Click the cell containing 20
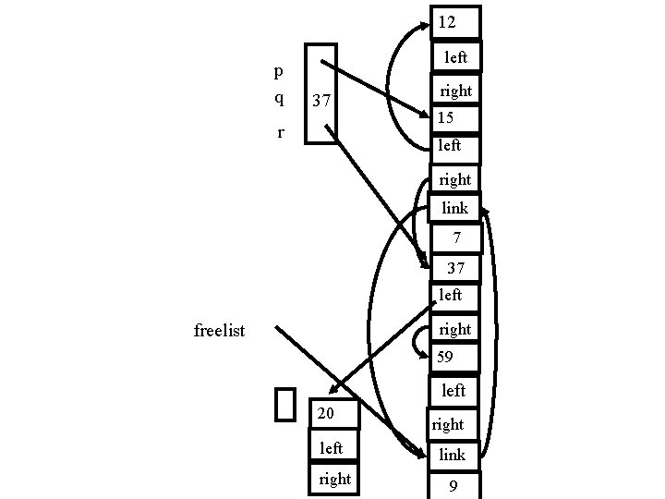pyautogui.click(x=333, y=413)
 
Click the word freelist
pyautogui.click(x=220, y=330)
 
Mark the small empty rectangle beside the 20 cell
pyautogui.click(x=285, y=404)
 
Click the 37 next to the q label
pyautogui.click(x=322, y=100)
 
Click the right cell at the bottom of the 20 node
pyautogui.click(x=333, y=479)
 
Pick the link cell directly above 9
pyautogui.click(x=453, y=454)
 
